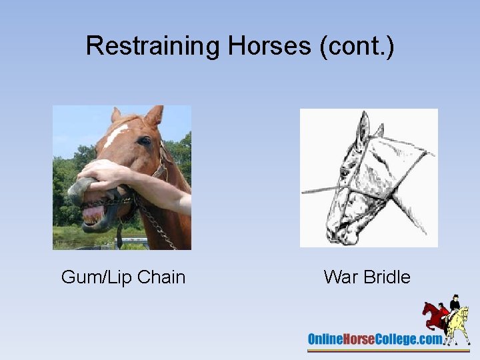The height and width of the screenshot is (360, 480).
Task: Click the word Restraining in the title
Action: click(x=153, y=46)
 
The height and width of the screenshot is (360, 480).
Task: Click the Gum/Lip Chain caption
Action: click(x=123, y=277)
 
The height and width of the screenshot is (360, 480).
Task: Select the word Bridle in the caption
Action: click(x=387, y=277)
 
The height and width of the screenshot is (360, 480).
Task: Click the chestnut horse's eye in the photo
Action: click(x=145, y=141)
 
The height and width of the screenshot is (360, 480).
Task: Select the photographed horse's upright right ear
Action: click(x=154, y=117)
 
